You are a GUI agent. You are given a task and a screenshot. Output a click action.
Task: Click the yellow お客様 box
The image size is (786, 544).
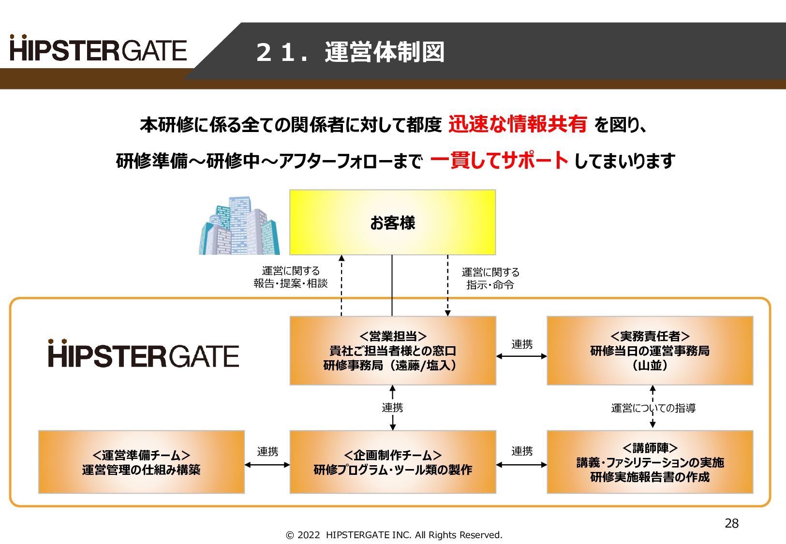point(392,222)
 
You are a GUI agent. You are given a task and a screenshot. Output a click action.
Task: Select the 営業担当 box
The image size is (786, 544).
point(392,351)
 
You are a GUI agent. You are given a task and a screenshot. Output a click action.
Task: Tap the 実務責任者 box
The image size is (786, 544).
point(650,351)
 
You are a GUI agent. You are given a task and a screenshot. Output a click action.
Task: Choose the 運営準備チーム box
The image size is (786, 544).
point(141,462)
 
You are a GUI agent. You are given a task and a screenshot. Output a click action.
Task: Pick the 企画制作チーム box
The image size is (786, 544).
point(392,462)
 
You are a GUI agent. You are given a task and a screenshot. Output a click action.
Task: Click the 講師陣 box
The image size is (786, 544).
point(650,462)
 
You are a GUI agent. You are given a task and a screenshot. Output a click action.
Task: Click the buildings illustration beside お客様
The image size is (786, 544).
point(239,226)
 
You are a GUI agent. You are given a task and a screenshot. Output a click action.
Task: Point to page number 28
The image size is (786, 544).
point(731,523)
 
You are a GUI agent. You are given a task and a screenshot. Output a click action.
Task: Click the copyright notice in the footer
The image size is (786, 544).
point(394,535)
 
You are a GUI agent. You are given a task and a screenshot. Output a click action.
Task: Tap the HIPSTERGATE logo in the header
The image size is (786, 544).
point(98,49)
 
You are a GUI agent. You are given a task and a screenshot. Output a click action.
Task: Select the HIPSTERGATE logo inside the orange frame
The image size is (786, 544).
point(143,354)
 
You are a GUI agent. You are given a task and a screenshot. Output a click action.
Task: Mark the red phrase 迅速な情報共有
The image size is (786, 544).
point(517,124)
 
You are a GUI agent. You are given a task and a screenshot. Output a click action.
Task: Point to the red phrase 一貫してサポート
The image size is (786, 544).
point(499,160)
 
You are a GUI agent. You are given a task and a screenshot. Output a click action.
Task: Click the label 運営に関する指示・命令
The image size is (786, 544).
point(490,279)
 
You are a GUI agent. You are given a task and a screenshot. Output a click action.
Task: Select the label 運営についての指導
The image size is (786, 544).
point(653,408)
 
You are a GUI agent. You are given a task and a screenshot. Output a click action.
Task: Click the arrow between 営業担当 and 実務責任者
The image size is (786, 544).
point(521,356)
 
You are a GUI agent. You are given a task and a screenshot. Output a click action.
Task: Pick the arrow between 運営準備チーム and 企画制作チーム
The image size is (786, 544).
point(267,465)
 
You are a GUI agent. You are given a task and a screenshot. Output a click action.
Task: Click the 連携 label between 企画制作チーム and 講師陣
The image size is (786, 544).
point(522,451)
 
